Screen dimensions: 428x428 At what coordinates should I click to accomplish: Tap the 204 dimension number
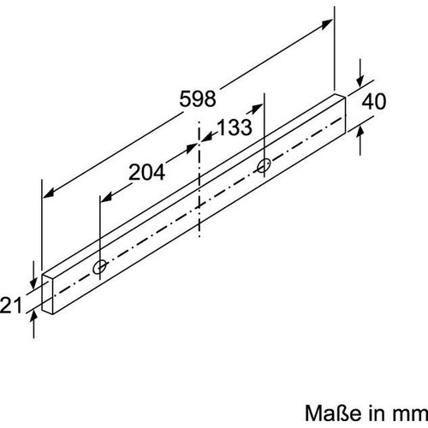pos(148,172)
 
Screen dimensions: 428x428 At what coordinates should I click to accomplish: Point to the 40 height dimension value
pos(374,101)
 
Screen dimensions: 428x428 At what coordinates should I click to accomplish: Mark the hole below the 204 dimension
pos(102,266)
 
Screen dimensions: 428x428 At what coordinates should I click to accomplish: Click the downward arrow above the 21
pos(33,279)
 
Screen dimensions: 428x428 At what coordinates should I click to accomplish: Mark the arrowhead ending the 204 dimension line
pos(104,199)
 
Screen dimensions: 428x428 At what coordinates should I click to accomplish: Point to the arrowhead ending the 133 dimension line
pos(259,109)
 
